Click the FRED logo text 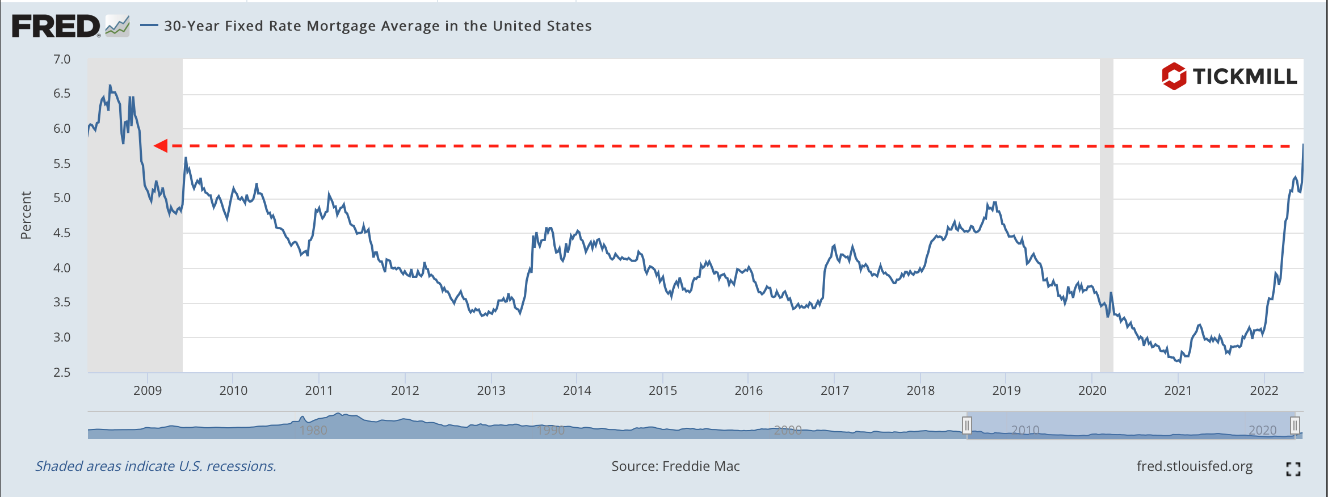56,26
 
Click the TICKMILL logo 1229,77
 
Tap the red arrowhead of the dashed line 161,146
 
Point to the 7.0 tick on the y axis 62,60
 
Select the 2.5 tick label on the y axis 62,372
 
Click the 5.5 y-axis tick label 62,164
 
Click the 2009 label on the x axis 148,390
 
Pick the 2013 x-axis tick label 491,390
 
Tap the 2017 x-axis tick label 834,390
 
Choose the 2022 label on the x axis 1264,390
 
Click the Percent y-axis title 26,215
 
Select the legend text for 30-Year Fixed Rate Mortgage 377,26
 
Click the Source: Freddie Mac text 675,466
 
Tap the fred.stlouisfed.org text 1195,466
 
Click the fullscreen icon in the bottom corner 1293,469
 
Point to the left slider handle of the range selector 967,425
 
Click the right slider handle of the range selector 1295,425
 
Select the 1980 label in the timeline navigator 313,430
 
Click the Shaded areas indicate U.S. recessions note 156,466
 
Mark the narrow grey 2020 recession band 1107,216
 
